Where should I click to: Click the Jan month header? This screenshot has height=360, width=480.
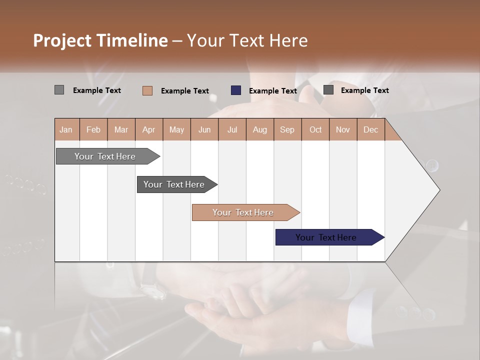66,129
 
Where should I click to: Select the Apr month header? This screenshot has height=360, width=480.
149,129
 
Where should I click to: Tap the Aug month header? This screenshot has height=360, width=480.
260,129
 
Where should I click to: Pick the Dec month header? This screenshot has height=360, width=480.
370,129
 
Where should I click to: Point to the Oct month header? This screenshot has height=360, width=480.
315,129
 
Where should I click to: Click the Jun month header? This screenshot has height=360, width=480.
204,129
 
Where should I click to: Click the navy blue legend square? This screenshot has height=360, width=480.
236,90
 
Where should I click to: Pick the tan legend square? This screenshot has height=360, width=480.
147,90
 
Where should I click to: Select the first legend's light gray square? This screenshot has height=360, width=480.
59,90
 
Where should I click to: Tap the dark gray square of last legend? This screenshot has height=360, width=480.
328,90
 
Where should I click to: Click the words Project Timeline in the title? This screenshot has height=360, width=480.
100,40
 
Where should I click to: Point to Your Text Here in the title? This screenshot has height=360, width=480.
247,40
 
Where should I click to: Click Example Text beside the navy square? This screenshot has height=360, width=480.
273,91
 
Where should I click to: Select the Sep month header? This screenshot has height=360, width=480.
287,129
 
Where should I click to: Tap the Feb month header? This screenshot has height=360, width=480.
93,129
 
